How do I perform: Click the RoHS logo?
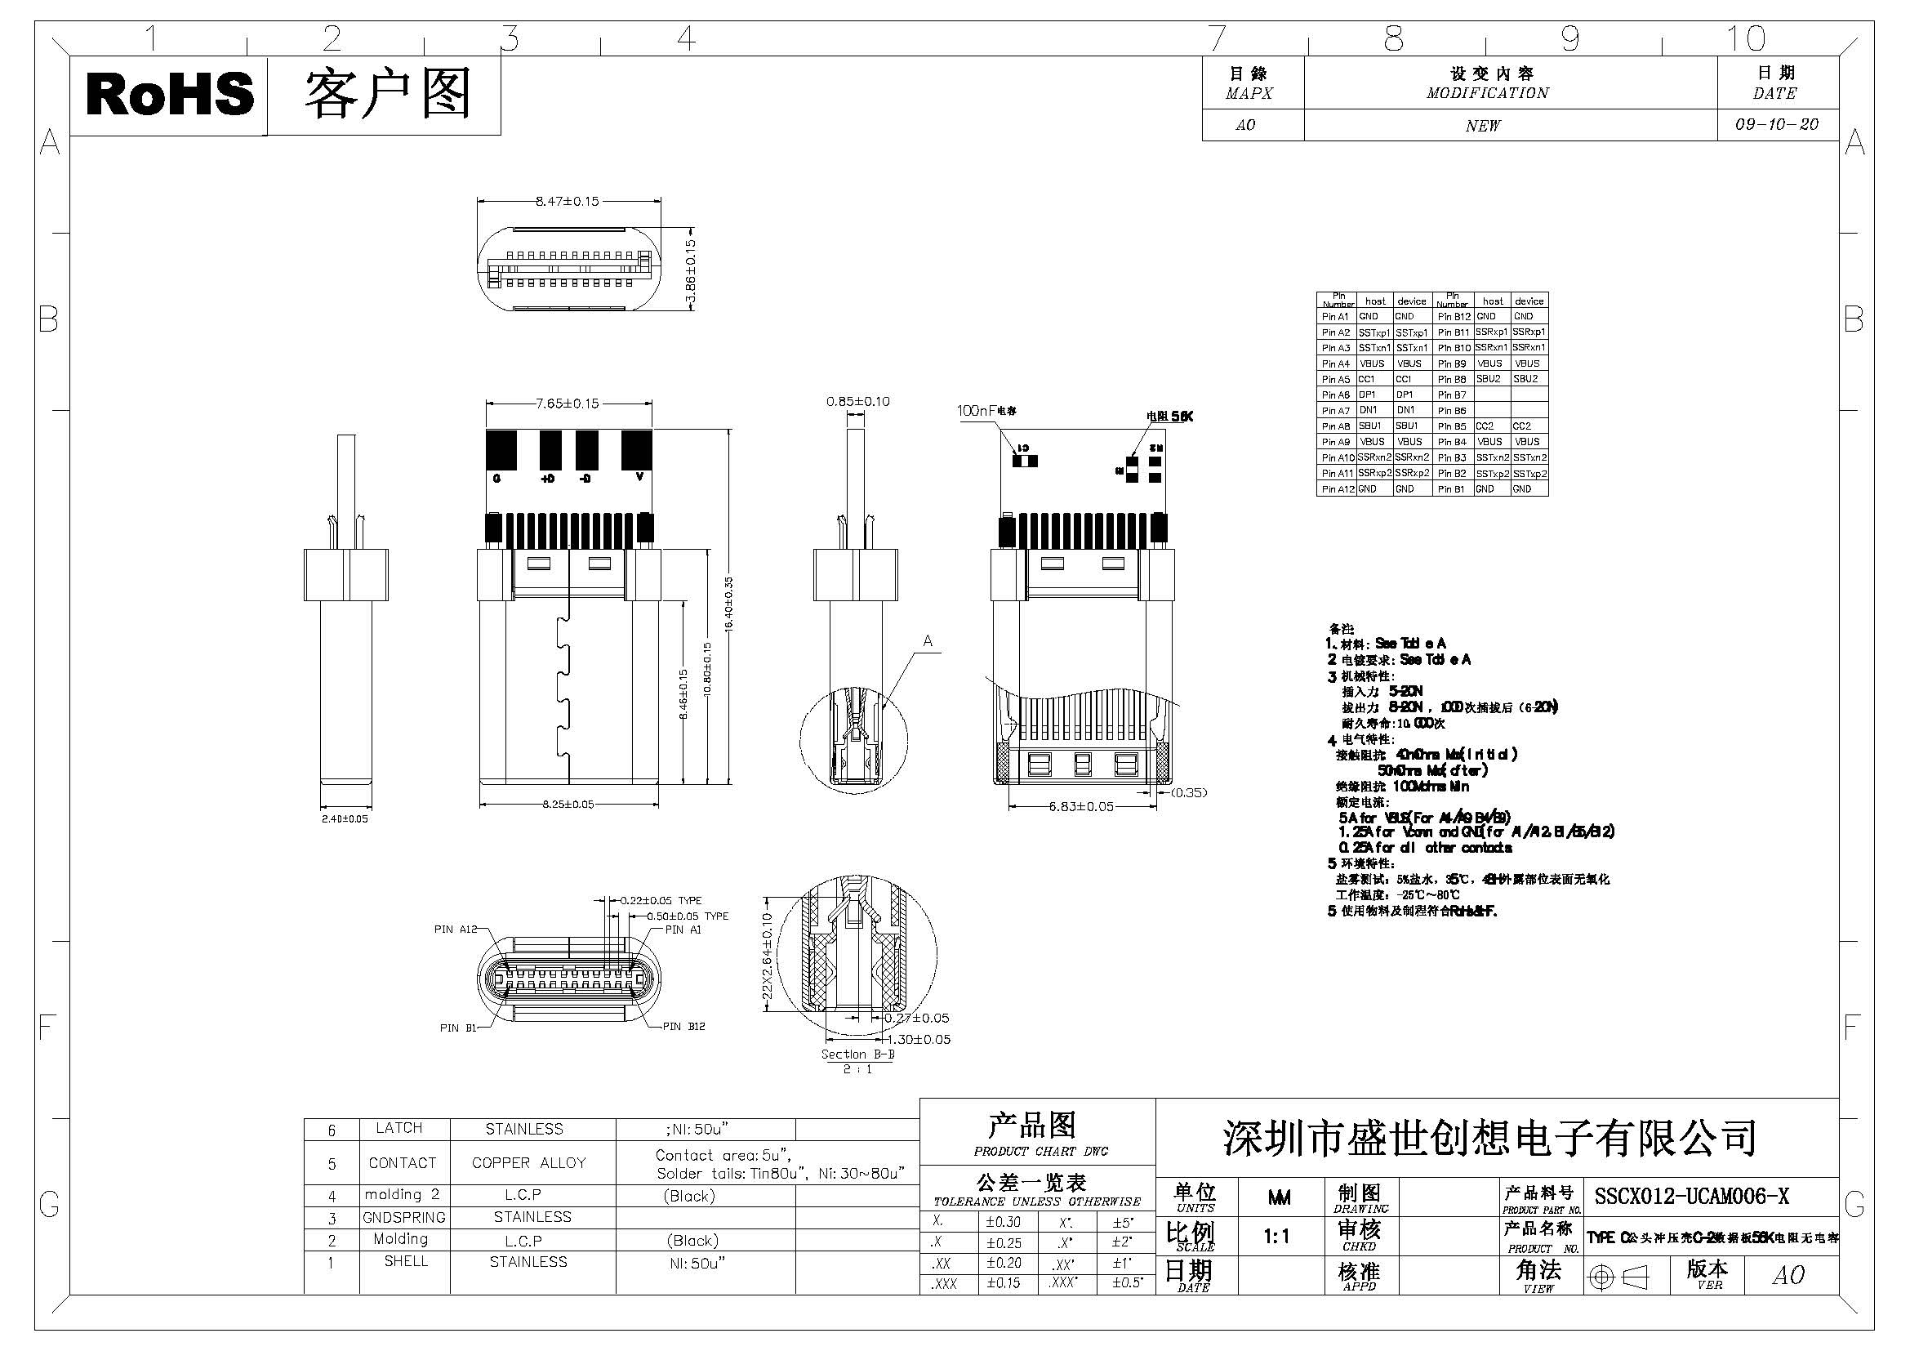pyautogui.click(x=170, y=94)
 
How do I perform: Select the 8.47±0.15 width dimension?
pyautogui.click(x=568, y=201)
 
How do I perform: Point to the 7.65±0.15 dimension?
pyautogui.click(x=568, y=404)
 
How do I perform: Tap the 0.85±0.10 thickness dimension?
pyautogui.click(x=857, y=402)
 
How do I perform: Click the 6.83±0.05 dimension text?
pyautogui.click(x=1080, y=806)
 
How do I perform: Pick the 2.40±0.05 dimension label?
pyautogui.click(x=345, y=818)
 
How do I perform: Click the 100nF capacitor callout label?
pyautogui.click(x=986, y=411)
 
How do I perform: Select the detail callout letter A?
pyautogui.click(x=928, y=641)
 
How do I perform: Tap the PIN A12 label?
pyautogui.click(x=455, y=930)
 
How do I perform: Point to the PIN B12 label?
pyautogui.click(x=683, y=1027)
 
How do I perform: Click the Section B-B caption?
pyautogui.click(x=857, y=1054)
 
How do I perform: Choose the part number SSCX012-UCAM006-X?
pyautogui.click(x=1691, y=1197)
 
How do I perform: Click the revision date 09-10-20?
pyautogui.click(x=1776, y=125)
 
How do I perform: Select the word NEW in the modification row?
pyautogui.click(x=1483, y=126)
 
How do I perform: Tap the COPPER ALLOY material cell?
pyautogui.click(x=528, y=1163)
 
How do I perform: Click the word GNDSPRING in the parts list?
pyautogui.click(x=404, y=1218)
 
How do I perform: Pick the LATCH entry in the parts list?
pyautogui.click(x=399, y=1128)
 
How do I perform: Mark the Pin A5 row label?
pyautogui.click(x=1335, y=379)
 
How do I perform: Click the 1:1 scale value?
pyautogui.click(x=1277, y=1237)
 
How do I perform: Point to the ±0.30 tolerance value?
pyautogui.click(x=1004, y=1222)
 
